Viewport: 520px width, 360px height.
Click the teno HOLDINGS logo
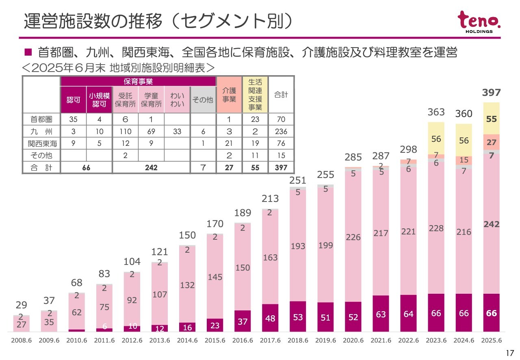coord(479,22)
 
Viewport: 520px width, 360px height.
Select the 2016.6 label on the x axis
coord(243,340)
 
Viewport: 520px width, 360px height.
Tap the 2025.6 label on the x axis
coord(491,340)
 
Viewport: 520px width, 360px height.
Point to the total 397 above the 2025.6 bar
coord(491,93)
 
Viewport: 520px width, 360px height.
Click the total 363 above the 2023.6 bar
coord(436,112)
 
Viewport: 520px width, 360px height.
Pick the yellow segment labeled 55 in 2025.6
coord(491,119)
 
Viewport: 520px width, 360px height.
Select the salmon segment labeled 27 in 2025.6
coord(491,142)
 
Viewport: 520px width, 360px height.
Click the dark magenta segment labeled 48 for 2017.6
coord(270,318)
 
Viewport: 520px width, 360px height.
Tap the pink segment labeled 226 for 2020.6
coord(353,237)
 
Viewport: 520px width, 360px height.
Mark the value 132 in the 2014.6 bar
coord(187,285)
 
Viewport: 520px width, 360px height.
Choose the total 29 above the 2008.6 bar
coord(22,305)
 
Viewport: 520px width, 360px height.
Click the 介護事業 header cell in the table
coord(229,95)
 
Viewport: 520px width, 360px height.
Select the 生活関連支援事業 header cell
coord(255,95)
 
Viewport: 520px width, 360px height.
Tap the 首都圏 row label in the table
coord(41,119)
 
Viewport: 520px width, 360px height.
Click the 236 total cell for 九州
coord(281,131)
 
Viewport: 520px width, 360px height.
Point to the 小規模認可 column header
coord(99,100)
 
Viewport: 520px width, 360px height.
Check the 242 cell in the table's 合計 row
coord(151,167)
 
